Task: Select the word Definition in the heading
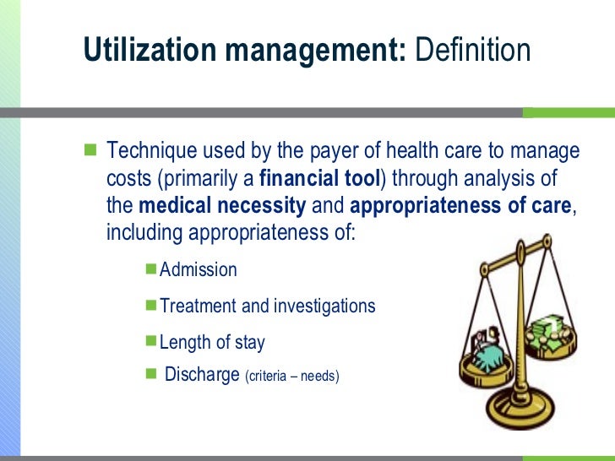(470, 52)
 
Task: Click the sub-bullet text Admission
(198, 270)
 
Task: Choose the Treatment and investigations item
(267, 306)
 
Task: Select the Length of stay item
(212, 342)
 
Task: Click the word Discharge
(202, 374)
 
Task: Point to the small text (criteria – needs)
(291, 376)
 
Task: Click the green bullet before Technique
(90, 151)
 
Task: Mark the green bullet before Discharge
(151, 373)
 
